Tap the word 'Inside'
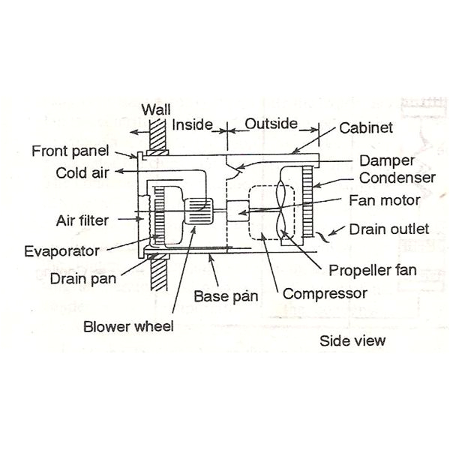[x=193, y=124]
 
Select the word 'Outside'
[x=271, y=123]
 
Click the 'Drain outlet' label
[x=389, y=228]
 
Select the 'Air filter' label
[x=83, y=220]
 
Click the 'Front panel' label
[x=70, y=151]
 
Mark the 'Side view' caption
[x=352, y=340]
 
